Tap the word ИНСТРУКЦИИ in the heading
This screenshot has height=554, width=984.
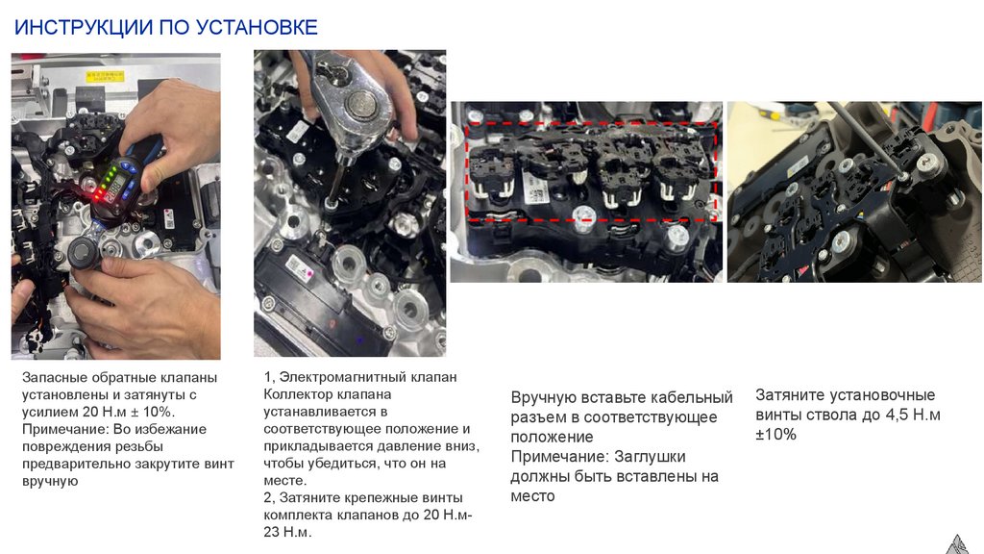[84, 27]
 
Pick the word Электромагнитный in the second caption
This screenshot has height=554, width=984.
[345, 377]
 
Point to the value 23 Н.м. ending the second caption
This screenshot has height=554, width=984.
[287, 532]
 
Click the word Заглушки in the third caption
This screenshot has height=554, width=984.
[650, 457]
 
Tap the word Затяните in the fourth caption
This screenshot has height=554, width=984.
[790, 395]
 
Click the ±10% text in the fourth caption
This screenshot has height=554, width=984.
[775, 435]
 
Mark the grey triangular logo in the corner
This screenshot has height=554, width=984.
[958, 544]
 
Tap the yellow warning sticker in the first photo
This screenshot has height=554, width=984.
[105, 77]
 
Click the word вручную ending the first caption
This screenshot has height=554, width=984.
[50, 482]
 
